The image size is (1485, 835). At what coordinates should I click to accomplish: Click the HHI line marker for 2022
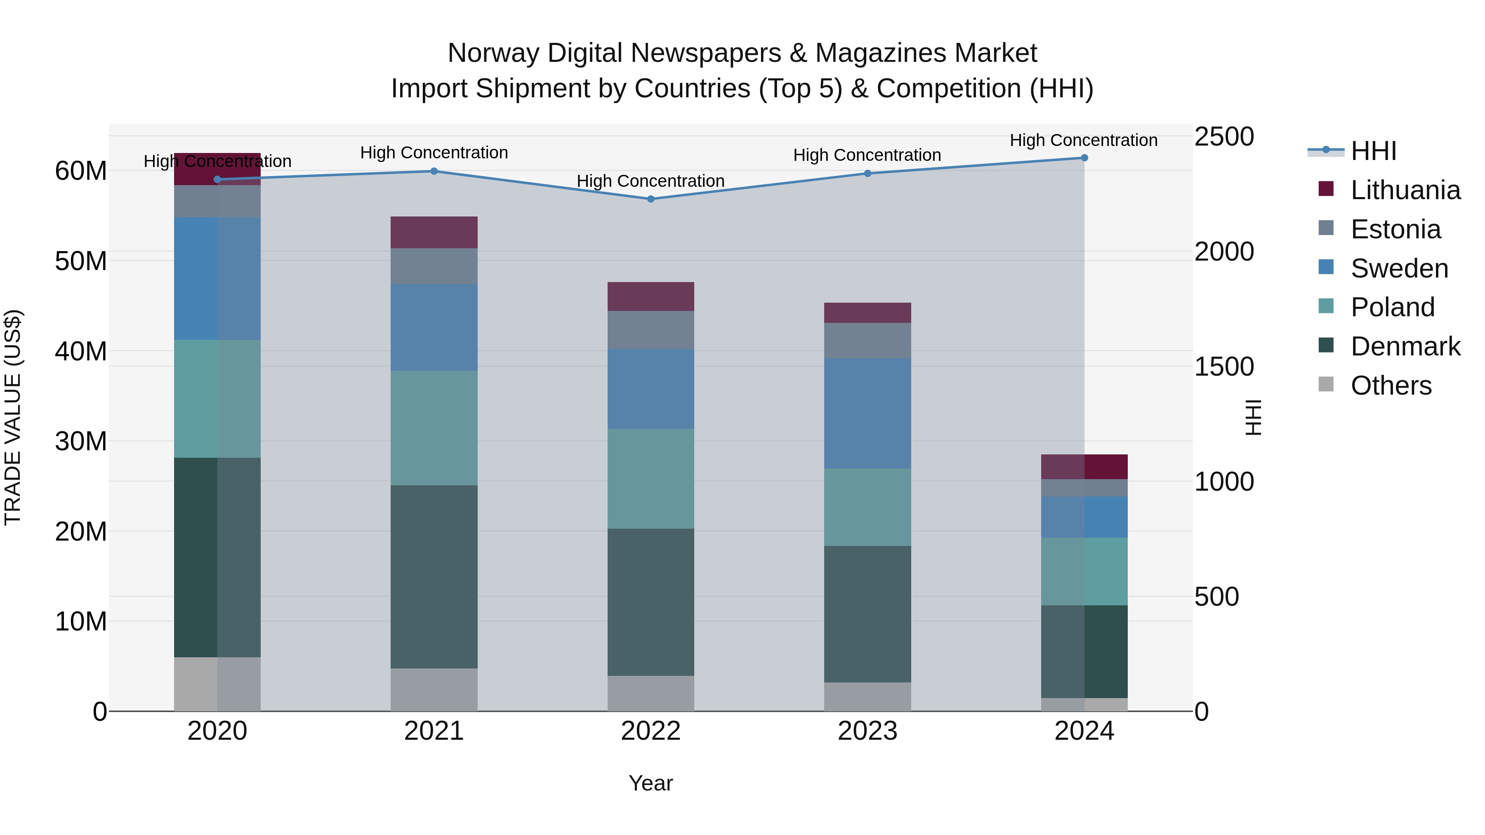(651, 199)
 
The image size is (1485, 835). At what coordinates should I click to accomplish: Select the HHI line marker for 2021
(434, 171)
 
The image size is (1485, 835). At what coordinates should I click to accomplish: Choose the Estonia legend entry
(1395, 229)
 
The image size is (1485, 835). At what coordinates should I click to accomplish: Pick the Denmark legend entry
(1405, 346)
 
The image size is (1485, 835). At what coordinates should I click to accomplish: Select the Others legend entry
(1391, 386)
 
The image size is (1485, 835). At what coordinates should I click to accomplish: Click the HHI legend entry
(1373, 151)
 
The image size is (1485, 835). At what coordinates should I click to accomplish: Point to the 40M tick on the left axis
(81, 351)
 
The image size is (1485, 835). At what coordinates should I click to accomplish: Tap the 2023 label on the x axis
(867, 731)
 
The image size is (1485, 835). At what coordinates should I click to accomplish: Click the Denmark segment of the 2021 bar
(434, 576)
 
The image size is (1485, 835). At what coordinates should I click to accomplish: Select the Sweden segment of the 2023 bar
(867, 413)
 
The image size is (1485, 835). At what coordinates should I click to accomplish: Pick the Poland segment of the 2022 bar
(651, 478)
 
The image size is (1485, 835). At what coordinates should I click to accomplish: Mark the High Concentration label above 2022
(651, 181)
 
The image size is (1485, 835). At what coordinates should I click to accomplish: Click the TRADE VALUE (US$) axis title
(13, 417)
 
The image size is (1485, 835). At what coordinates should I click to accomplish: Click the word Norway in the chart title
(494, 53)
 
